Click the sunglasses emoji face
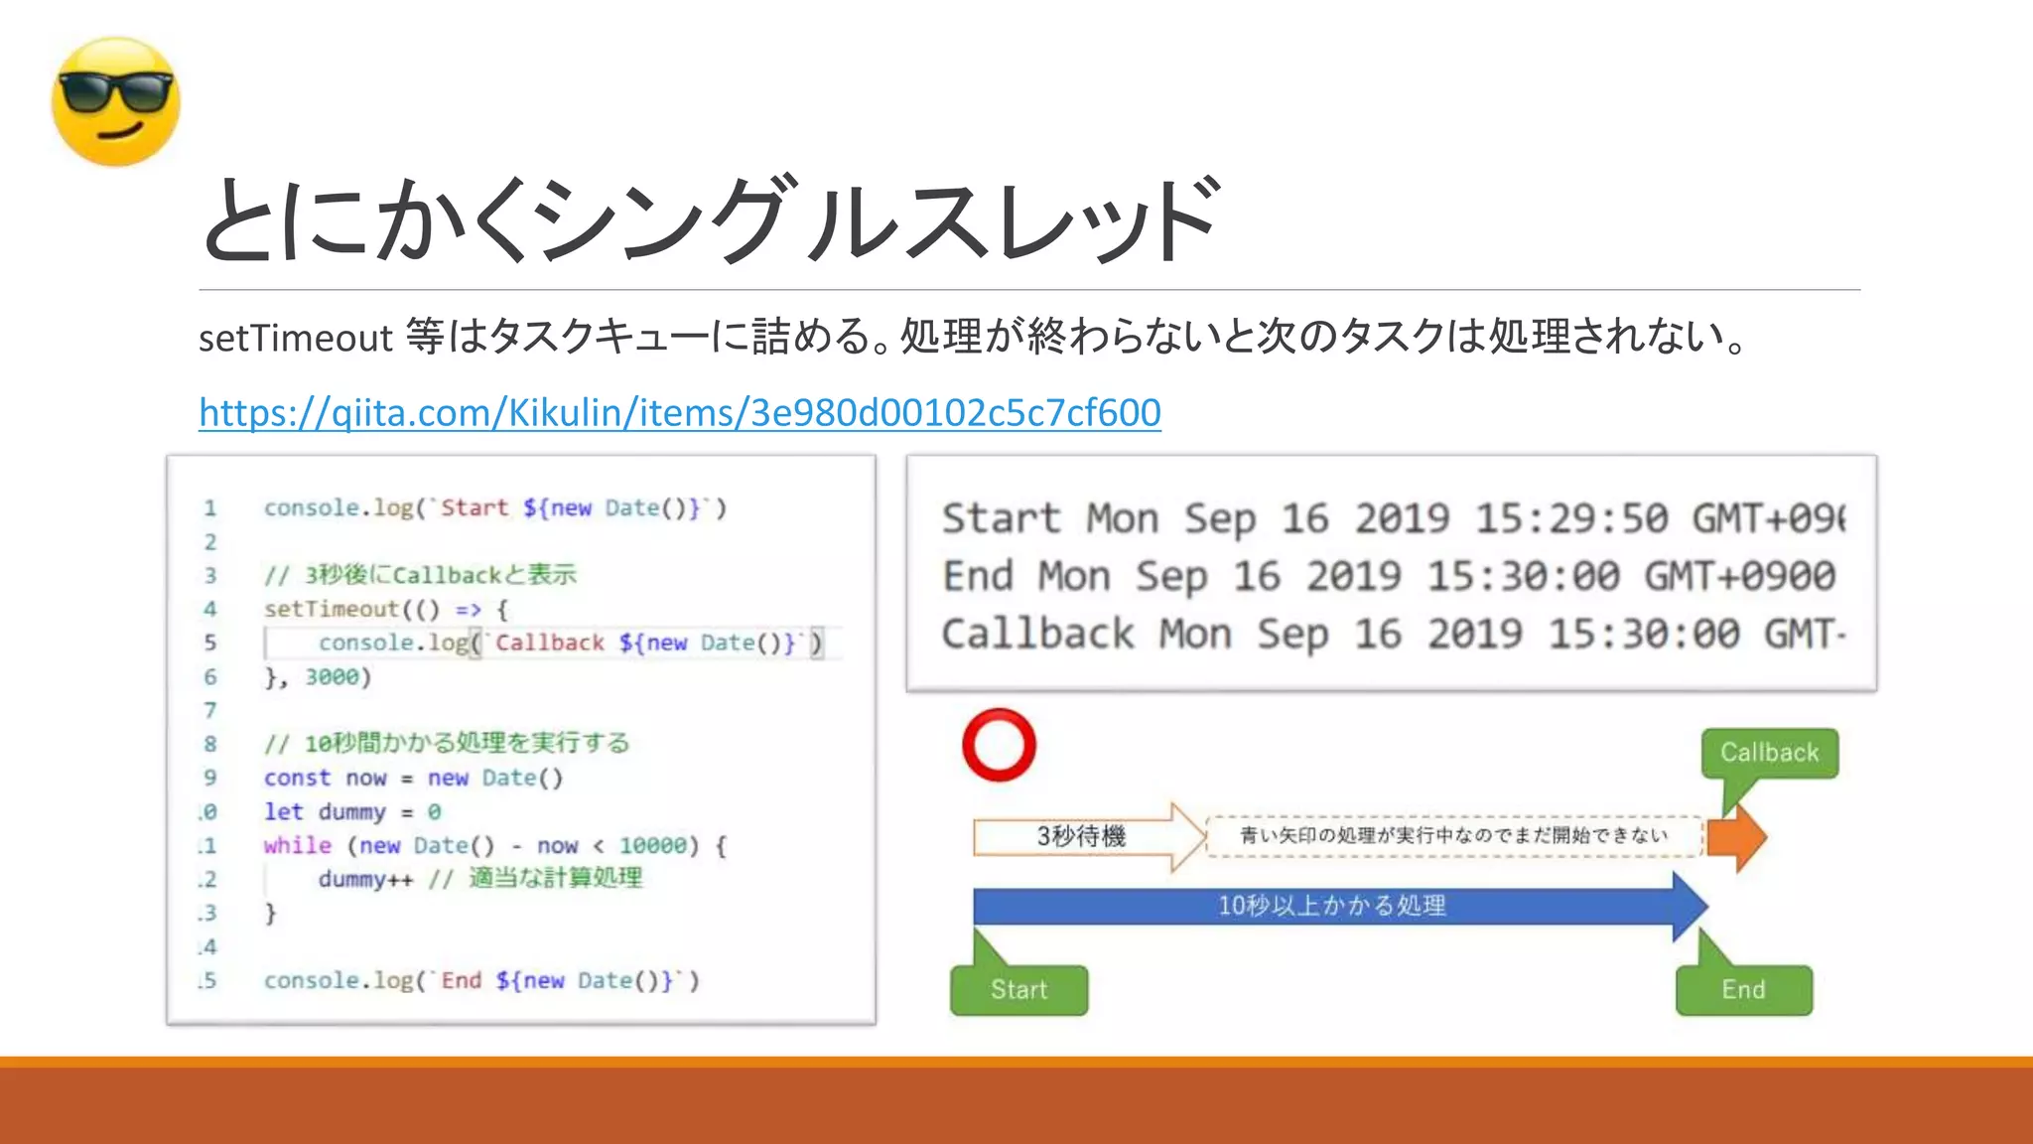coord(116,102)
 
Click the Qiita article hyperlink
coord(679,412)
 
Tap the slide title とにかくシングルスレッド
coord(709,220)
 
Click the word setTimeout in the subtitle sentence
coord(296,339)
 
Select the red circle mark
coord(999,745)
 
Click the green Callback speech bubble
coord(1769,753)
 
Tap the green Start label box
coord(1018,989)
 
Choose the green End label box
coord(1743,989)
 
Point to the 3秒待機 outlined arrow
coord(1082,836)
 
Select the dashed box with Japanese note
coord(1453,835)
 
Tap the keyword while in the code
coord(297,845)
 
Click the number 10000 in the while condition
coord(653,845)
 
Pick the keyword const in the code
coord(297,778)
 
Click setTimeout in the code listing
coord(331,609)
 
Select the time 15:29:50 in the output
coord(1570,518)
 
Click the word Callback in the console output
coord(1037,634)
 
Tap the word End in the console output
coord(978,576)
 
